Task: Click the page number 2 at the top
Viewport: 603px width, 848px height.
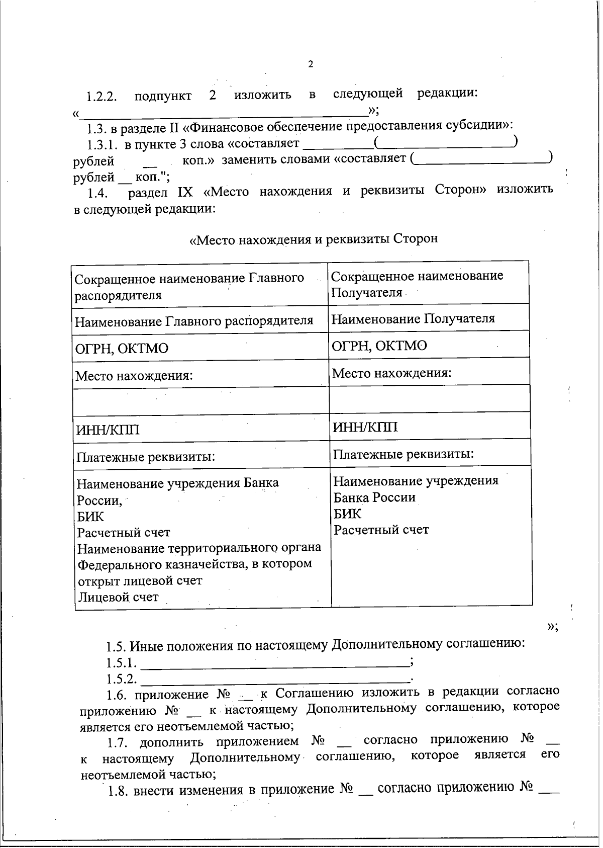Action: [310, 64]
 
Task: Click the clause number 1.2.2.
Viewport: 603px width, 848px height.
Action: [101, 97]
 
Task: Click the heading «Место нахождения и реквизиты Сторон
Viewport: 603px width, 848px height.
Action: [313, 239]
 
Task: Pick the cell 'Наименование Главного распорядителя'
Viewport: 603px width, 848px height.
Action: [194, 321]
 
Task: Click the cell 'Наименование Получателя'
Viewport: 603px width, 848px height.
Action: [413, 318]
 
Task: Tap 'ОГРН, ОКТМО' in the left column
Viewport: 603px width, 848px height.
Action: [122, 348]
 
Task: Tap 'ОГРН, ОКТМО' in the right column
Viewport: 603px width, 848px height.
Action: [379, 346]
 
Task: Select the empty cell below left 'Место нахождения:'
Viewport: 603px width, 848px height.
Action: [201, 401]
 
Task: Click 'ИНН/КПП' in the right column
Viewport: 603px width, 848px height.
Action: [365, 427]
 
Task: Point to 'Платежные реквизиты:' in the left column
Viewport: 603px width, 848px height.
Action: [146, 457]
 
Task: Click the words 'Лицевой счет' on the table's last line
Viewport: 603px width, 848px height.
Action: [118, 597]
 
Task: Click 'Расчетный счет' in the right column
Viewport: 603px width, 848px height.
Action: [381, 530]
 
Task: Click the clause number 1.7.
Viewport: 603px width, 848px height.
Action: [119, 742]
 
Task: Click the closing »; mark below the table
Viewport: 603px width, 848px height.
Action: [552, 626]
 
